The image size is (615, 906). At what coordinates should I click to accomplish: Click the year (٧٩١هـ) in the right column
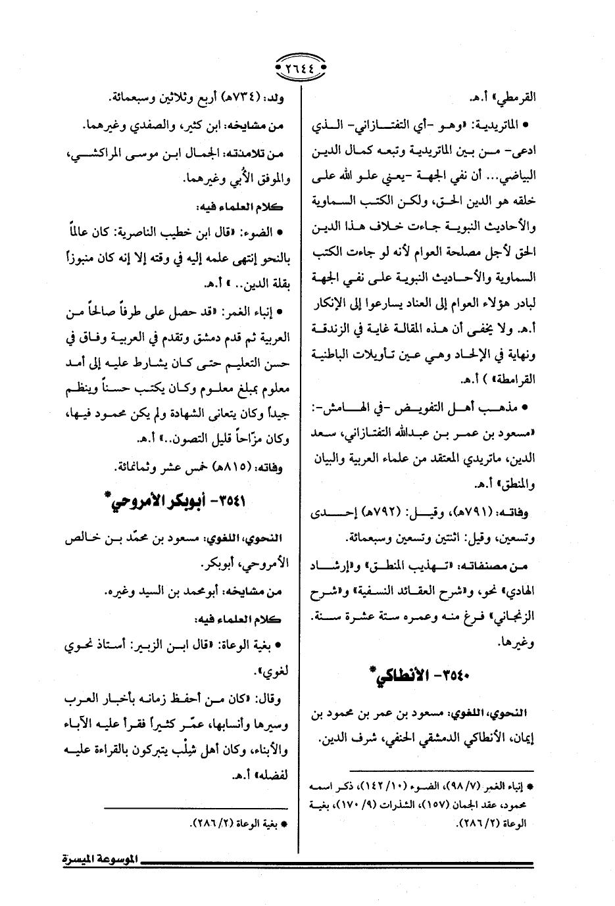(484, 512)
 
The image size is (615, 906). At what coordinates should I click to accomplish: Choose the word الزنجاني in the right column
(515, 617)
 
